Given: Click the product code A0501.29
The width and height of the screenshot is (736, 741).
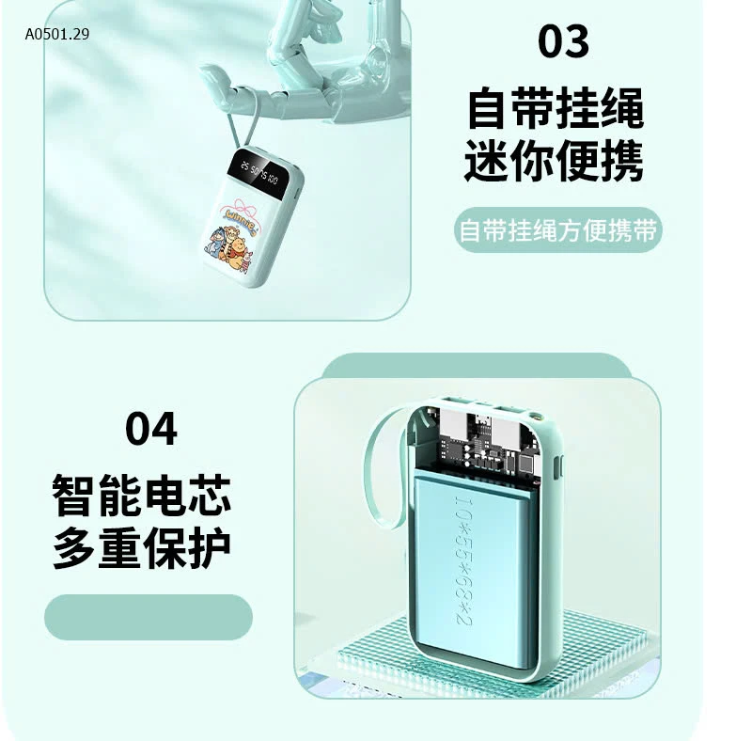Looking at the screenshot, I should (57, 35).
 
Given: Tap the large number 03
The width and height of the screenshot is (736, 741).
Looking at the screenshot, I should (563, 41).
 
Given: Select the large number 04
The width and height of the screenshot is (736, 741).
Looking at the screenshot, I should (150, 429).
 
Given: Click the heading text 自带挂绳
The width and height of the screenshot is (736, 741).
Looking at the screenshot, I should (555, 108).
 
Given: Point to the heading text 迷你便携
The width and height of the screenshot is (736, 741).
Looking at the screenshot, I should (555, 161).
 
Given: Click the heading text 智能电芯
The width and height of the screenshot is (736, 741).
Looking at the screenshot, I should (142, 496).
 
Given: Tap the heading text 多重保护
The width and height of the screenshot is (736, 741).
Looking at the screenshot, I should (142, 547).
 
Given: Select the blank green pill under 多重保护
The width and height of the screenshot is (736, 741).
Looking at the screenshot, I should (149, 617).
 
